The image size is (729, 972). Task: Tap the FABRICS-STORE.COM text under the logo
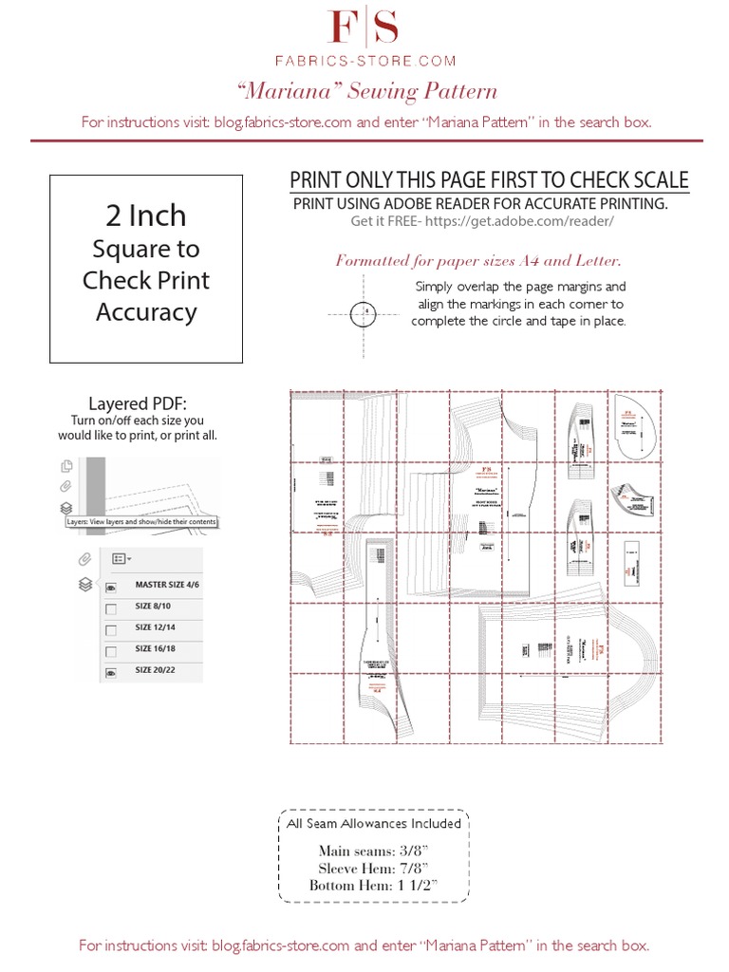364,60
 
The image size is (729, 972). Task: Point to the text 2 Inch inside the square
145,215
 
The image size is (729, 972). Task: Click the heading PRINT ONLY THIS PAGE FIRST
488,180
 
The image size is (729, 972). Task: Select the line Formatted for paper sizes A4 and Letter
477,260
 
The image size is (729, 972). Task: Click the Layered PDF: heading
144,402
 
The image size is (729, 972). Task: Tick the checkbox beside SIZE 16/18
111,652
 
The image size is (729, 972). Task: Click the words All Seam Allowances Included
374,823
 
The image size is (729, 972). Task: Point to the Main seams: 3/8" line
374,851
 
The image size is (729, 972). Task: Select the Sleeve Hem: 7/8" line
374,869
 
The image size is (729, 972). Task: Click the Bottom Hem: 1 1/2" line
374,886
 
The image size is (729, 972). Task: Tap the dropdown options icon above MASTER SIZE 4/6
121,559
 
